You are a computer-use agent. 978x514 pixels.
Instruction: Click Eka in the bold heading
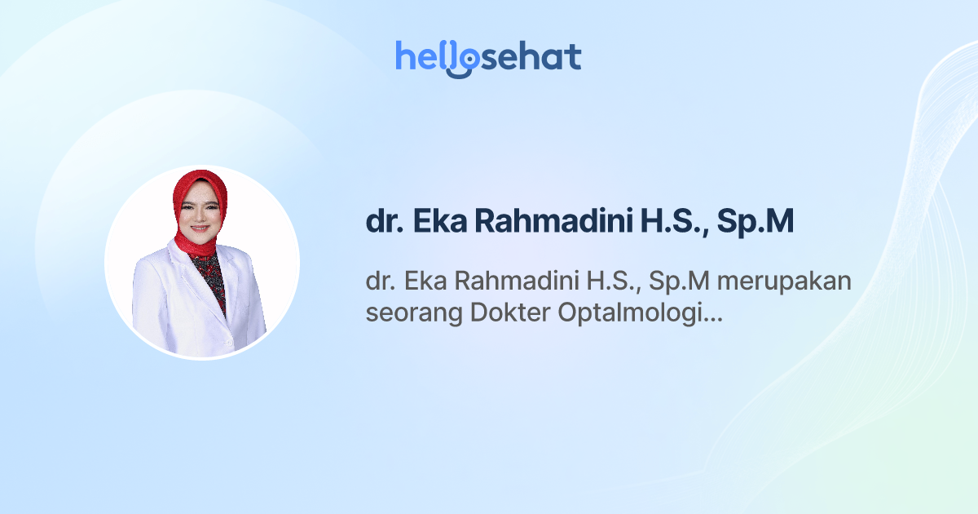pos(443,221)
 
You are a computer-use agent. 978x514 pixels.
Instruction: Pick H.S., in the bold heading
pos(668,221)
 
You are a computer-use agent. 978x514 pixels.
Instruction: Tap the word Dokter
pos(510,313)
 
